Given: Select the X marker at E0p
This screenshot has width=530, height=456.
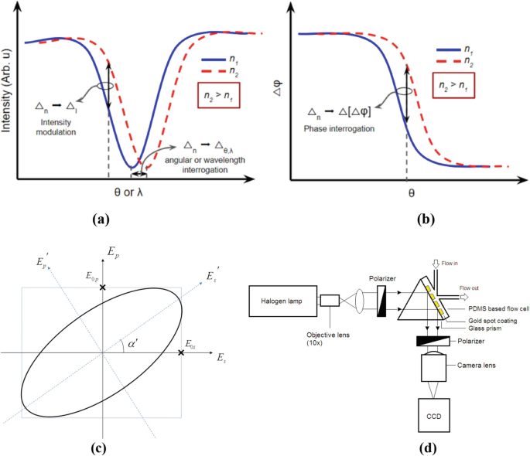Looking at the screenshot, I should (x=103, y=287).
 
